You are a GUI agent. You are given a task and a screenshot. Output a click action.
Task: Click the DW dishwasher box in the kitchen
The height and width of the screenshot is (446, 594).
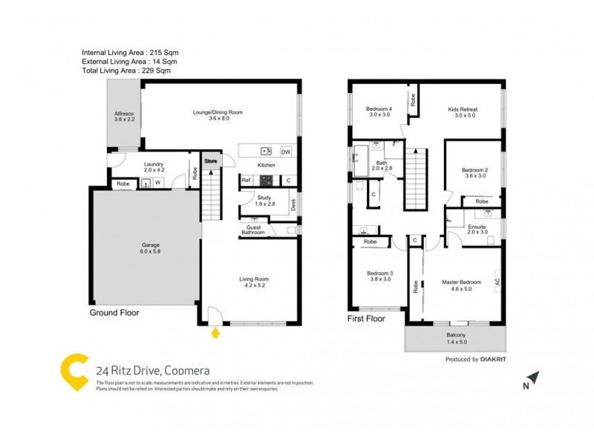click(286, 152)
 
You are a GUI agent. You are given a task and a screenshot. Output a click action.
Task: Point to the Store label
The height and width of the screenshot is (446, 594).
click(212, 160)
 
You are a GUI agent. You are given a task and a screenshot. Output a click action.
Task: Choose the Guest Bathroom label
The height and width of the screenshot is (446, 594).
click(252, 230)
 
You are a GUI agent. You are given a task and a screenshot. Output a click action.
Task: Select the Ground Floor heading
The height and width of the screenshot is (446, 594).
click(114, 313)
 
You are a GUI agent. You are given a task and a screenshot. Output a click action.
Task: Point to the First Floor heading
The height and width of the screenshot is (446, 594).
click(366, 318)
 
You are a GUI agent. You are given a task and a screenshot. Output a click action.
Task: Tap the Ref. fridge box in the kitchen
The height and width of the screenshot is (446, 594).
click(247, 181)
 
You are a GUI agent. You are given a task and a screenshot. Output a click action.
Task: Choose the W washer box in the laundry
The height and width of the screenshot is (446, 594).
click(157, 183)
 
